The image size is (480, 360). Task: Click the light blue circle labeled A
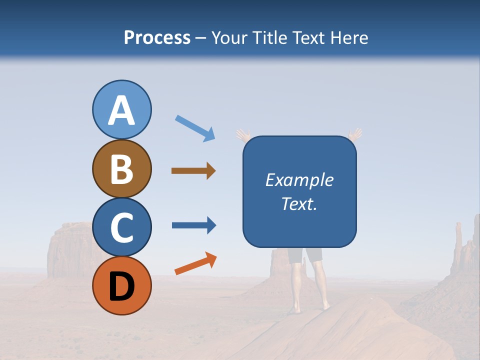click(121, 109)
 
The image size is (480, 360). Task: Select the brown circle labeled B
click(121, 168)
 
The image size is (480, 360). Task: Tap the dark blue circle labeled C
click(121, 227)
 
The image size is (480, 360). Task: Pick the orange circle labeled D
click(121, 285)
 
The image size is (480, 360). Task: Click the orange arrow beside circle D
click(195, 263)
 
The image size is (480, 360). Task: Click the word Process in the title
click(157, 37)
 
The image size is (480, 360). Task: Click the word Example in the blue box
click(299, 180)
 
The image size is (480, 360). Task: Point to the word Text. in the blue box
click(299, 203)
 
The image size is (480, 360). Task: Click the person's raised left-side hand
click(243, 135)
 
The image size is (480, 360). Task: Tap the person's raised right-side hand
click(355, 134)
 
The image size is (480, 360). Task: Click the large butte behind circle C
click(70, 250)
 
